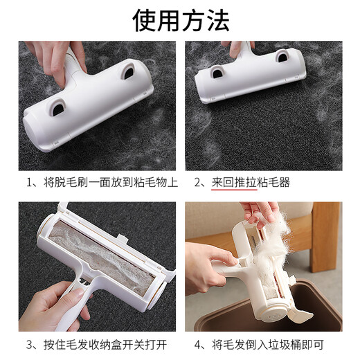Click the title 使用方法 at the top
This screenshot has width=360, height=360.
180,20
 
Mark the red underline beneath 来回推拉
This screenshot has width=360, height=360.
229,191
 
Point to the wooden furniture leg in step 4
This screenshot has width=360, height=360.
325,235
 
